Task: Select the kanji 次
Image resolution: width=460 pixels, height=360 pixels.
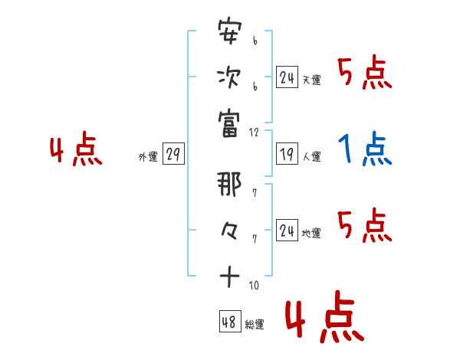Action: point(229,78)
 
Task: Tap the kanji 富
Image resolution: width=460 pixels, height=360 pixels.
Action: point(229,122)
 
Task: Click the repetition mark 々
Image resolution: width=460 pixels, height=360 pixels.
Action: point(229,230)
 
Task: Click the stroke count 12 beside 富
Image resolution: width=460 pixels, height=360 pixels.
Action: point(255,132)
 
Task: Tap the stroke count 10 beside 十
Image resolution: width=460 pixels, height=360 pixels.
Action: point(254,285)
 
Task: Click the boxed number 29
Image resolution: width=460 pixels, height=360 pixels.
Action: point(172,155)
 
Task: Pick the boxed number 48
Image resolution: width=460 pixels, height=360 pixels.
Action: point(229,322)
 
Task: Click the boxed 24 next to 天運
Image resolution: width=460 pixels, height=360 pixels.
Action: point(287,78)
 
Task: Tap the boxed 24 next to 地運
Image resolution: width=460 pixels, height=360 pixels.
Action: point(287,231)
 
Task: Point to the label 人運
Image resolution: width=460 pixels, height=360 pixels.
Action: point(312,157)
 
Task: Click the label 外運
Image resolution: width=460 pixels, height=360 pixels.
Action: point(147,157)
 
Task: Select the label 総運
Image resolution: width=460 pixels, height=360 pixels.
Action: point(255,325)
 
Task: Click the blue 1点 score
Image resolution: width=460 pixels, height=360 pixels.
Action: point(365,150)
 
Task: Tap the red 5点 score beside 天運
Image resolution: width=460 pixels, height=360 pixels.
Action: point(365,74)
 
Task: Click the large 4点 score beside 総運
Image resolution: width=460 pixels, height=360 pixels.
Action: point(322,320)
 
